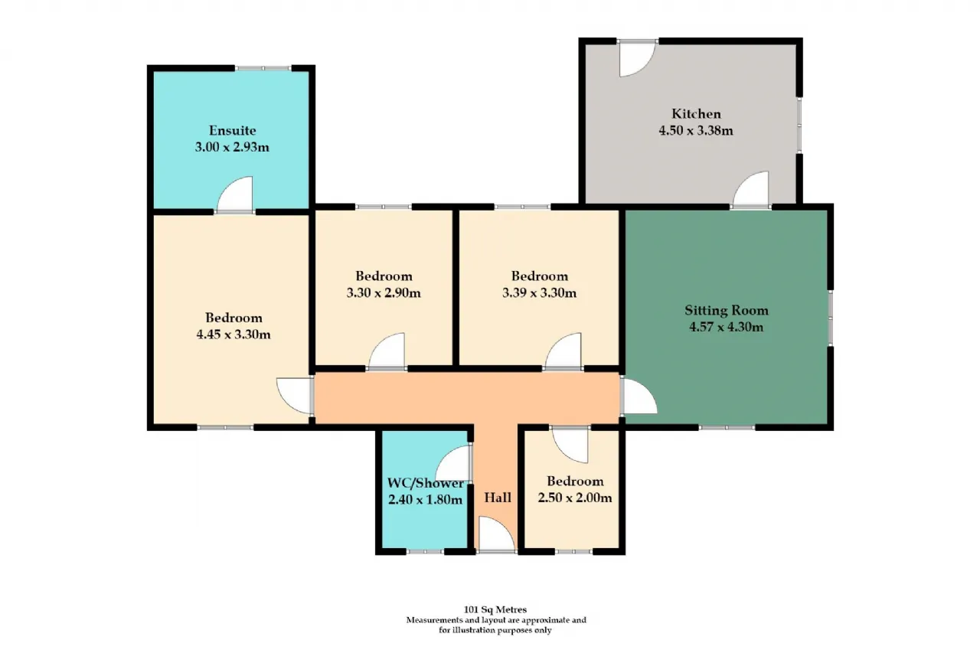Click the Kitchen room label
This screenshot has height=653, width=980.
[x=696, y=114]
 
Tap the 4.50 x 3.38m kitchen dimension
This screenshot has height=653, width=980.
[x=696, y=130]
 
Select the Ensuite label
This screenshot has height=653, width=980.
[x=232, y=130]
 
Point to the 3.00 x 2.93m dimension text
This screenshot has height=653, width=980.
[x=232, y=147]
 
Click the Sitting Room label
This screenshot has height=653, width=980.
[x=727, y=310]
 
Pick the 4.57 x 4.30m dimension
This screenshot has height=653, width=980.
[x=727, y=327]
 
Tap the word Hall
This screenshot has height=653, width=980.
[x=498, y=498]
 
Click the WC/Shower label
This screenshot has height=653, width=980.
[x=425, y=483]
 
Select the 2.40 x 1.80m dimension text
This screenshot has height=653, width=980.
[x=425, y=499]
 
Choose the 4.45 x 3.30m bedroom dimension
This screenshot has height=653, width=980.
[x=234, y=335]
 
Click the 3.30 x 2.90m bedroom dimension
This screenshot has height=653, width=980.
[x=384, y=292]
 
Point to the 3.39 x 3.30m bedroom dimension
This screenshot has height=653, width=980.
[x=540, y=292]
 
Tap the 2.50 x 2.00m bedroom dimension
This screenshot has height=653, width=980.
[x=575, y=498]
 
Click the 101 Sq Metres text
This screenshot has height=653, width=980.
[x=495, y=609]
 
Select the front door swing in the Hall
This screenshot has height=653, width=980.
[x=497, y=534]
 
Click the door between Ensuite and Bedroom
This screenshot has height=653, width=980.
[x=235, y=194]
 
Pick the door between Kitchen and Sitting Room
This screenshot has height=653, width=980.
[x=751, y=189]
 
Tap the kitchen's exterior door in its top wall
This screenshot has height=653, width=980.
[x=638, y=59]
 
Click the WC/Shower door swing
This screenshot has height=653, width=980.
[x=452, y=464]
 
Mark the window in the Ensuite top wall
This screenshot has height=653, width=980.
[x=263, y=68]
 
